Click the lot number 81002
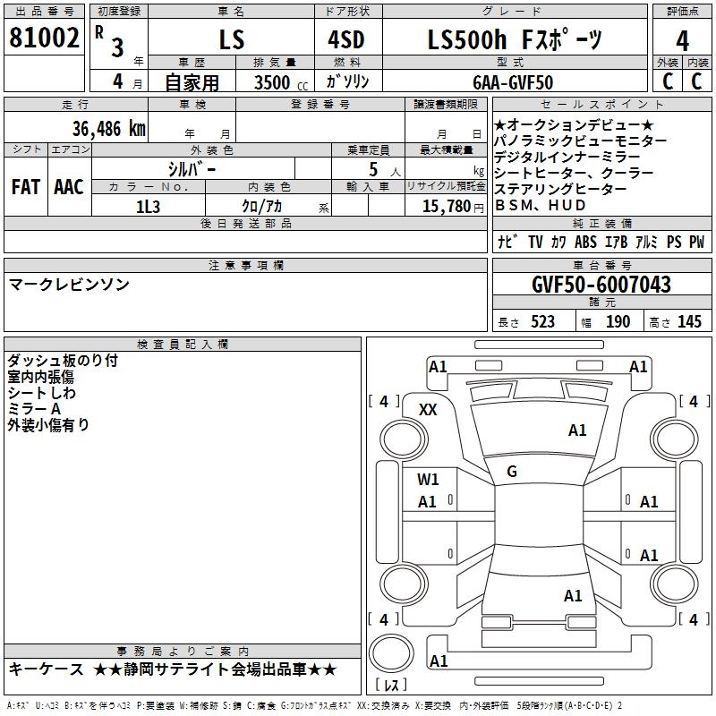[x=44, y=38]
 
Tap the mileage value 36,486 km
[x=108, y=129]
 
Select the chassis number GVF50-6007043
[x=601, y=285]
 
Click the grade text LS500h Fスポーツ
[x=515, y=39]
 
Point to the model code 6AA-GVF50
[x=513, y=82]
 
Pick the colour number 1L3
[x=148, y=207]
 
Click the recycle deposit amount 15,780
[x=446, y=207]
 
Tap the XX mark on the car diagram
[x=428, y=410]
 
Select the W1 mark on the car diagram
[x=428, y=480]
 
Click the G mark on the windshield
[x=512, y=472]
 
